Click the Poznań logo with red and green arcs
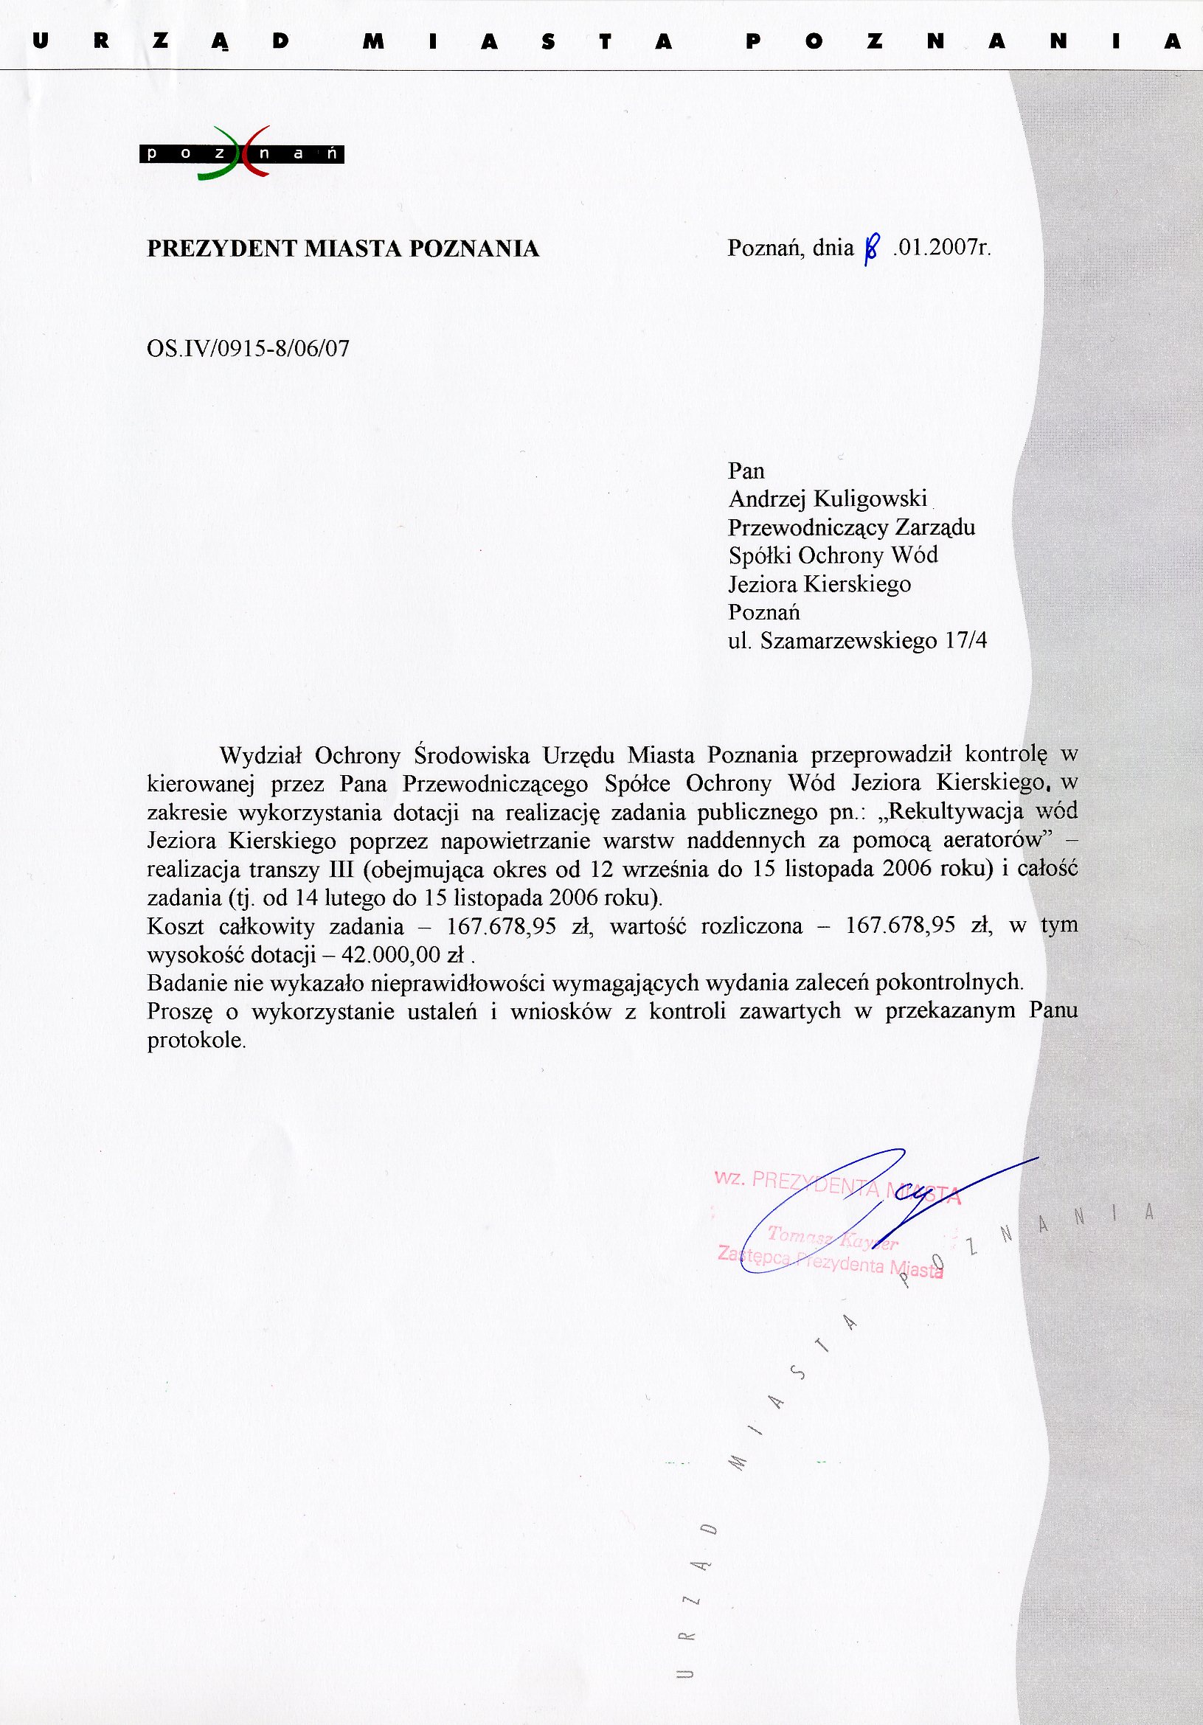point(241,153)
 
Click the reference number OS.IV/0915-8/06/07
point(248,349)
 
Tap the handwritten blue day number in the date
point(871,249)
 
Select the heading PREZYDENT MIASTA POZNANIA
point(343,249)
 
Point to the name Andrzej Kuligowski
point(828,499)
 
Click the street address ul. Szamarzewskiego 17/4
point(857,641)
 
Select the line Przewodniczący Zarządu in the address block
point(851,527)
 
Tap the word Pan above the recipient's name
point(746,471)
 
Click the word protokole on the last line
point(195,1041)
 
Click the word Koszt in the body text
point(175,926)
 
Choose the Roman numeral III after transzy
point(342,870)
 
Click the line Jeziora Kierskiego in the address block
point(819,585)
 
